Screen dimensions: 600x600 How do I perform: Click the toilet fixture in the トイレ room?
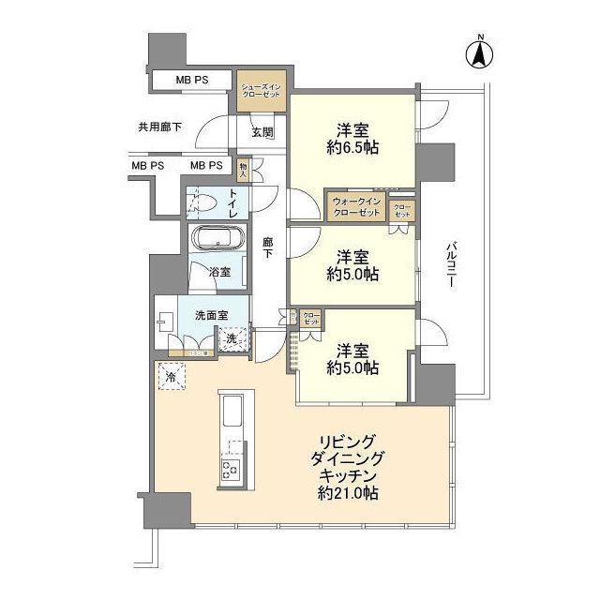click(x=201, y=202)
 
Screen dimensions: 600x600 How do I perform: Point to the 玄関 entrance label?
click(x=262, y=132)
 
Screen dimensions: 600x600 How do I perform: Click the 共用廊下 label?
click(x=159, y=126)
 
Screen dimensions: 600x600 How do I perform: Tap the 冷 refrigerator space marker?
click(x=172, y=376)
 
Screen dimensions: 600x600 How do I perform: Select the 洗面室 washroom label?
click(x=212, y=315)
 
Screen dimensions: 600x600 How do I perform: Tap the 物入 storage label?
click(x=242, y=170)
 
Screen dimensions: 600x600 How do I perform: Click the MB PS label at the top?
click(x=192, y=81)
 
